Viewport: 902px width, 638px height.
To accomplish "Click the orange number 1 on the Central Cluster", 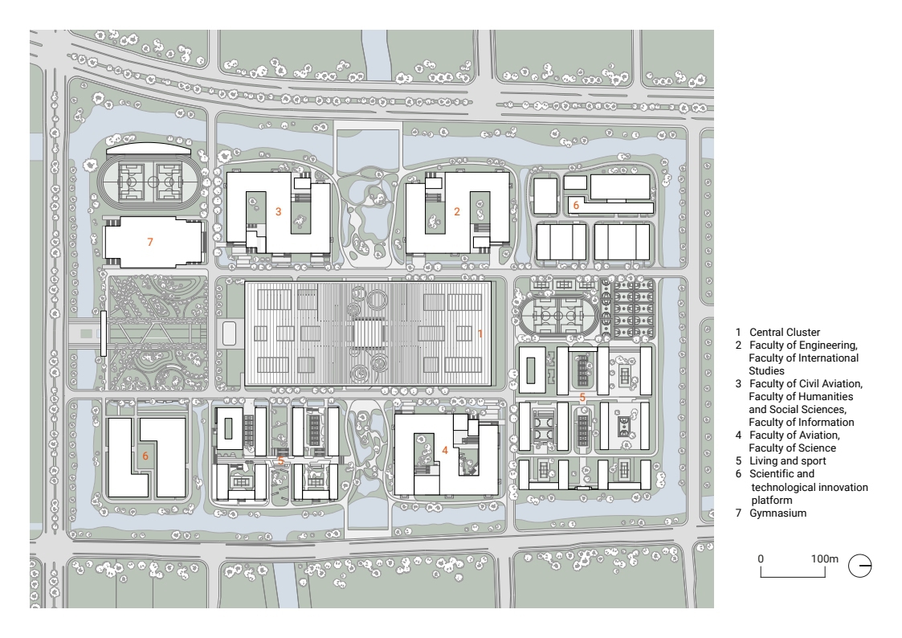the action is tap(480, 333).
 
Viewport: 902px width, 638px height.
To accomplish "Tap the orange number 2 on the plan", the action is tap(457, 211).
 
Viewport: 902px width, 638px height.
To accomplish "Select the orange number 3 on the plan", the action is tap(279, 211).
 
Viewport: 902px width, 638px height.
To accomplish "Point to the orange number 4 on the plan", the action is tap(445, 451).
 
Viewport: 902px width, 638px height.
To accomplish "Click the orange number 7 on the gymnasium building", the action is tap(150, 242).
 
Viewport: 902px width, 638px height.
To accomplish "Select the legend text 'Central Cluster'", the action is tap(785, 332).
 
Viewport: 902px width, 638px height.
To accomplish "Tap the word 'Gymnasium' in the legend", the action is tap(778, 513).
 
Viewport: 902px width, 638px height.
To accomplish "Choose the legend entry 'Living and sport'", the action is tap(787, 460).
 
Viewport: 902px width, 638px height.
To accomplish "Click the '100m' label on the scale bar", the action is tap(825, 558).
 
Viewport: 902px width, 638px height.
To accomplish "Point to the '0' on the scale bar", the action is tap(761, 558).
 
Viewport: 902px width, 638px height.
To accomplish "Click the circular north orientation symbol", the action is tap(860, 566).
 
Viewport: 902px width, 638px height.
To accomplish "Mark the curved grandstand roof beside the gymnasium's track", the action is tap(149, 147).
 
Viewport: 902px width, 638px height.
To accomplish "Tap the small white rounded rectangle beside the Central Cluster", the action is tap(229, 333).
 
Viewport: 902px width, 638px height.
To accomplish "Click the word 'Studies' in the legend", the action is tap(766, 370).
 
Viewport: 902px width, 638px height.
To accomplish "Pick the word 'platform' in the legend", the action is tap(771, 500).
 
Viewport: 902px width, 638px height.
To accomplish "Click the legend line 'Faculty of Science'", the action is tap(792, 448).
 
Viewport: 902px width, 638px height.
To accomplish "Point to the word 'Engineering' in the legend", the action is tap(828, 346).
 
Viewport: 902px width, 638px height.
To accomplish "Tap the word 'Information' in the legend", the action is tap(826, 422).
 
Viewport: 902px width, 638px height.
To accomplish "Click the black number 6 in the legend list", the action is tap(739, 474).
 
